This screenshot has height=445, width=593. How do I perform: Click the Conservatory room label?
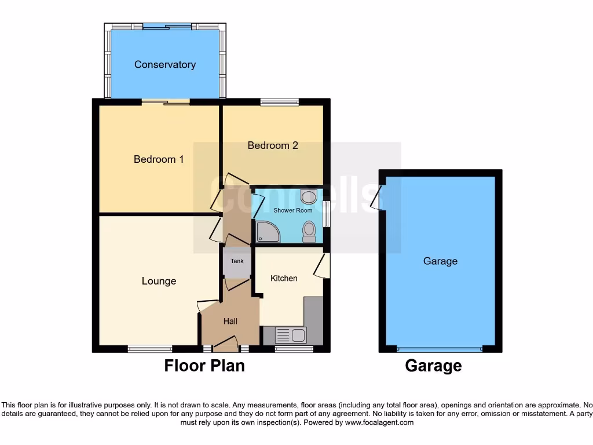point(164,64)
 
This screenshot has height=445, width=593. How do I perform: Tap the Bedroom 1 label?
point(159,159)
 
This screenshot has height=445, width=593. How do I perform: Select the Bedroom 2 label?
point(273,145)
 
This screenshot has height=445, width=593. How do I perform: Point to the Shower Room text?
point(292,210)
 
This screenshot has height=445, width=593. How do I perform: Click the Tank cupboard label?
point(237,261)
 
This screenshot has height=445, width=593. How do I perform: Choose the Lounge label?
point(159,281)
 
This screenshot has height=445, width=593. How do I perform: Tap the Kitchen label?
point(284,278)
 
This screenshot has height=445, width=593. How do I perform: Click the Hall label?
point(230,321)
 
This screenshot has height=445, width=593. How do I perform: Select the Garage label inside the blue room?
point(440,261)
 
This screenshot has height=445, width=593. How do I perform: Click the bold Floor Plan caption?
point(204,366)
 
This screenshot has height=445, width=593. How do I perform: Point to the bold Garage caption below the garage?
point(433,366)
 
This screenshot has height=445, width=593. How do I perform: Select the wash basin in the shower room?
point(309,196)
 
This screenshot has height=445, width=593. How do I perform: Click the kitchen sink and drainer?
point(290,335)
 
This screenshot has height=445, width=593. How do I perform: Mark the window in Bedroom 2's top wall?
point(280,103)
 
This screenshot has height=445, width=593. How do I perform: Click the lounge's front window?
point(150,348)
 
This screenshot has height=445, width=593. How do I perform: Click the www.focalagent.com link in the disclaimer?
point(379,422)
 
